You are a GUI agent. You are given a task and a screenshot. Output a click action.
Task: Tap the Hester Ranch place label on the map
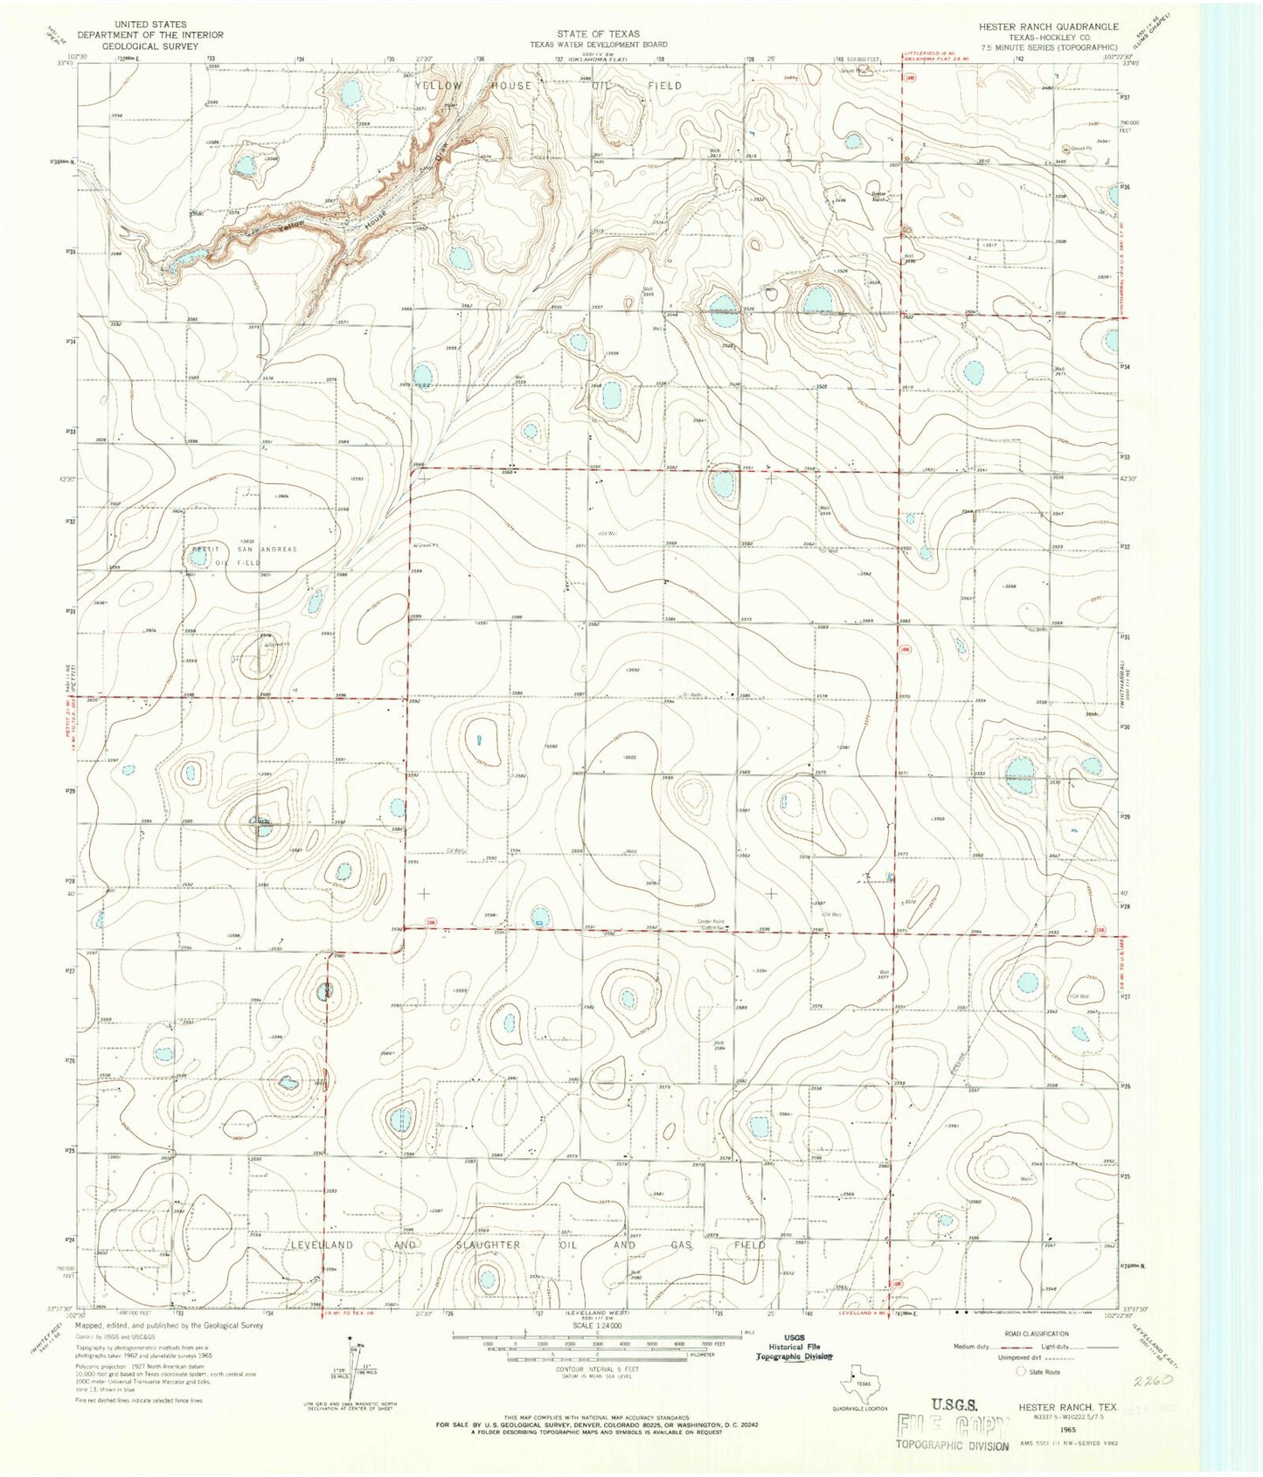coord(877,195)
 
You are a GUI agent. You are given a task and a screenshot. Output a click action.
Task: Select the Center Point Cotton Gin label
coord(711,924)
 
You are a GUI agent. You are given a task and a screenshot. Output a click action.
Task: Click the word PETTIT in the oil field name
coord(206,549)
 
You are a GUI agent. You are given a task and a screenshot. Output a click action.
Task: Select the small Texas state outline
coord(857,1386)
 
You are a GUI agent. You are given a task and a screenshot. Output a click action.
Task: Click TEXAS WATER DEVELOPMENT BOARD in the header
coord(599,44)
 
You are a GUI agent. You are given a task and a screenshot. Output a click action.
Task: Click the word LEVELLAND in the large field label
coord(322,1245)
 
